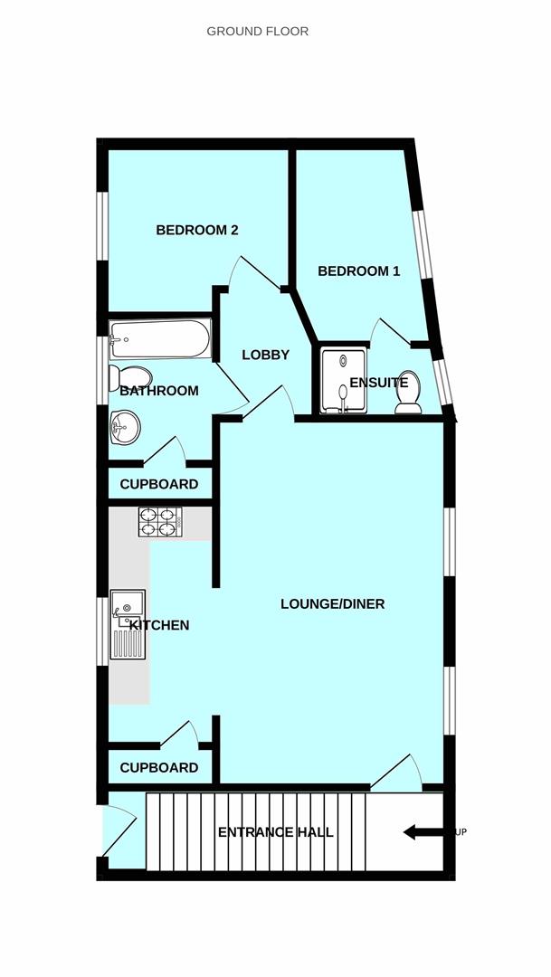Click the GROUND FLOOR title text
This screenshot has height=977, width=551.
pyautogui.click(x=258, y=31)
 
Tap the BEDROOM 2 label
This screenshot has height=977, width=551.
pyautogui.click(x=197, y=230)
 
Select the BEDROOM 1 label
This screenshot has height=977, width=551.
pyautogui.click(x=358, y=271)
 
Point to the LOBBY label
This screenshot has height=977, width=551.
pyautogui.click(x=265, y=355)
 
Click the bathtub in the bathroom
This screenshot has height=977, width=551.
pyautogui.click(x=160, y=339)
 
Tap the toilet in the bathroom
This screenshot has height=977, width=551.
pyautogui.click(x=129, y=377)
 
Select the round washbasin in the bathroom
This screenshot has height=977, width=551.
pyautogui.click(x=125, y=427)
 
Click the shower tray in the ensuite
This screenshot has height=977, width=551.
pyautogui.click(x=344, y=381)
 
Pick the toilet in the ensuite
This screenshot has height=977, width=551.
pyautogui.click(x=408, y=393)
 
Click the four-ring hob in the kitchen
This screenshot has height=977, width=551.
pyautogui.click(x=160, y=522)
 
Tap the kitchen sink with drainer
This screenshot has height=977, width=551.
pyautogui.click(x=128, y=623)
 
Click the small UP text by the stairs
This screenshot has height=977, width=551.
pyautogui.click(x=461, y=832)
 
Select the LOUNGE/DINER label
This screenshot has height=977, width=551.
pyautogui.click(x=332, y=603)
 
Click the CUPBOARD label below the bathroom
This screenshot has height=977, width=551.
pyautogui.click(x=159, y=484)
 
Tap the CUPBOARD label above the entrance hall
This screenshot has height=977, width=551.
pyautogui.click(x=159, y=768)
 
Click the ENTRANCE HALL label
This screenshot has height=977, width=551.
pyautogui.click(x=275, y=832)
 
